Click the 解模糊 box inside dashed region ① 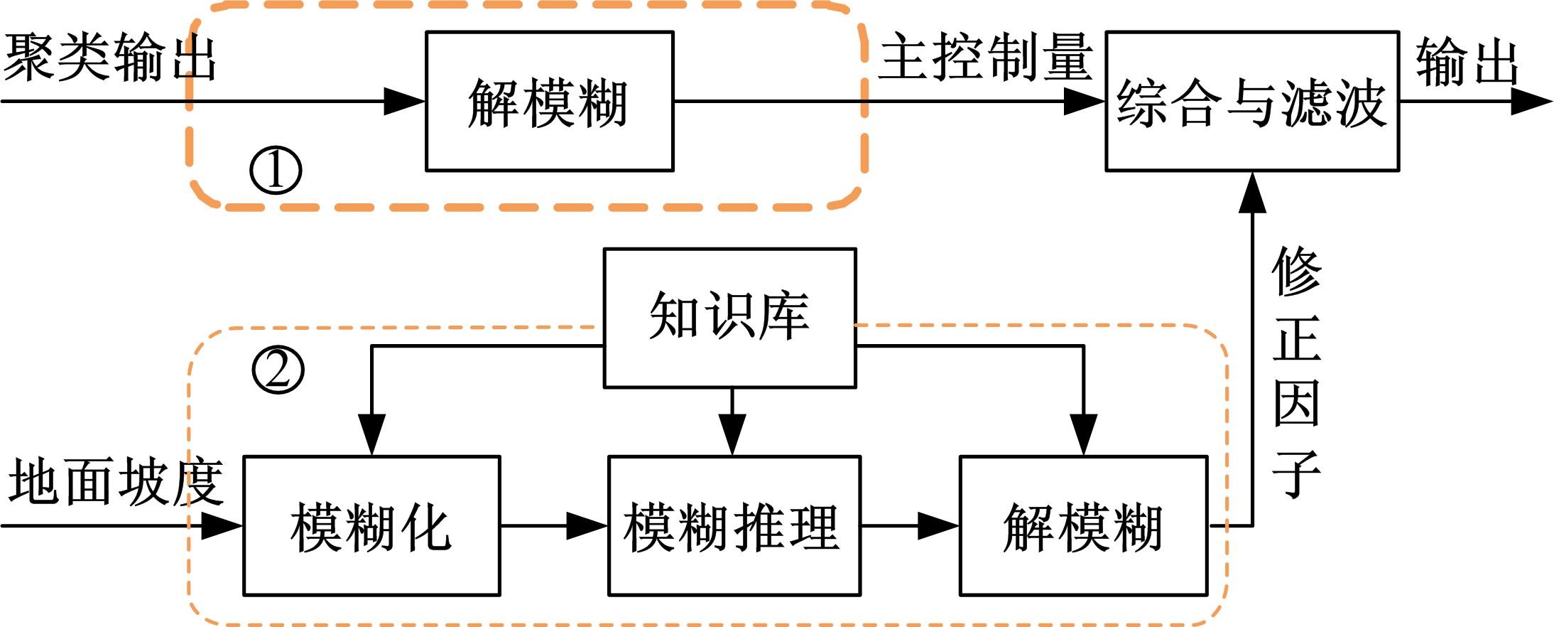click(x=549, y=101)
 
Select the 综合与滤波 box click(x=1252, y=101)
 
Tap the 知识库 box click(x=729, y=318)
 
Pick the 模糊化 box click(x=371, y=525)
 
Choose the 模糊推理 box click(x=734, y=525)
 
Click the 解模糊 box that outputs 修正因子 click(x=1083, y=525)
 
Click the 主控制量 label click(x=985, y=57)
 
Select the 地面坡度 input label click(x=116, y=481)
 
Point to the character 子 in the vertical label click(x=1296, y=473)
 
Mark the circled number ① click(x=276, y=171)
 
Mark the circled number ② click(x=278, y=370)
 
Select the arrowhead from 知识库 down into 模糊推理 click(x=732, y=434)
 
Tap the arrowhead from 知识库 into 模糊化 click(x=371, y=434)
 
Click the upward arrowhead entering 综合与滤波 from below click(x=1252, y=192)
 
